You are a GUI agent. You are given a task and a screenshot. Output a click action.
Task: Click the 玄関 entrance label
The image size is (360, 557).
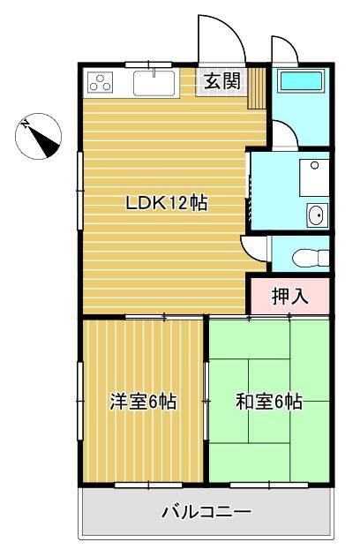pyautogui.click(x=222, y=81)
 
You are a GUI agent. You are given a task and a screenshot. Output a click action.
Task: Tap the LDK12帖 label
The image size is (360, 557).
pyautogui.click(x=167, y=203)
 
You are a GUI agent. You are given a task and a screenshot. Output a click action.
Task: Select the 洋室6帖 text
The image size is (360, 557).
pyautogui.click(x=143, y=402)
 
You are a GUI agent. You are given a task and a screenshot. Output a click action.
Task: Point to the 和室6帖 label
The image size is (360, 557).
pyautogui.click(x=269, y=402)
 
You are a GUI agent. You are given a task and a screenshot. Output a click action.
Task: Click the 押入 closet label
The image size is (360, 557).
pyautogui.click(x=290, y=297)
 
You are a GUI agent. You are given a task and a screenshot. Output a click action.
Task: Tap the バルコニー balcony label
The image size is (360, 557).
pyautogui.click(x=207, y=513)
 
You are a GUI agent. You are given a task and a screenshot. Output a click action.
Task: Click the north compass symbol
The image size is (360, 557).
pyautogui.click(x=38, y=137)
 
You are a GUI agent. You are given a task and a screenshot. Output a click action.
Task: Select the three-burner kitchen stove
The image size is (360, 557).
pyautogui.click(x=101, y=82)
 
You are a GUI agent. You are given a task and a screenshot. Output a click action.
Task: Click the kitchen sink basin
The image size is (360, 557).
pyautogui.click(x=154, y=83)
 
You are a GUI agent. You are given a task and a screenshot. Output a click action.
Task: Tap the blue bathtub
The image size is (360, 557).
pyautogui.click(x=302, y=81)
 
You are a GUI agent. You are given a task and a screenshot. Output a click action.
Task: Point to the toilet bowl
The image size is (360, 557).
pyautogui.click(x=311, y=257)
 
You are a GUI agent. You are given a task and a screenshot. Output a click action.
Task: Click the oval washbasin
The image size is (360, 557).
pyautogui.click(x=315, y=215)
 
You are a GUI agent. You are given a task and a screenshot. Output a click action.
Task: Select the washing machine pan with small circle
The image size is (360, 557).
pyautogui.click(x=314, y=177)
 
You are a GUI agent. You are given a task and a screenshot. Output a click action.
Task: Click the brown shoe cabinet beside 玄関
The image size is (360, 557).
pyautogui.click(x=257, y=88)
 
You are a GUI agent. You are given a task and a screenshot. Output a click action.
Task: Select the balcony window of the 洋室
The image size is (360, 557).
pyautogui.click(x=149, y=485)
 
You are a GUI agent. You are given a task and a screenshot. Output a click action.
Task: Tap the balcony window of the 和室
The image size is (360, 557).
pyautogui.click(x=269, y=485)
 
